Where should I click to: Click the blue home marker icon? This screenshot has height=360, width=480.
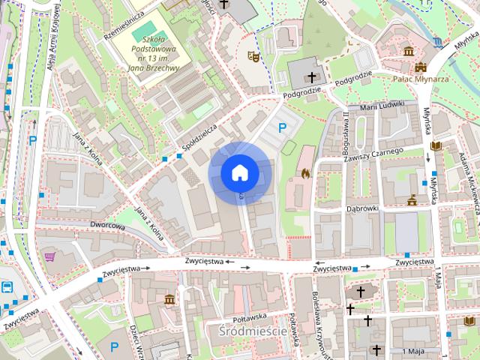[x=239, y=172]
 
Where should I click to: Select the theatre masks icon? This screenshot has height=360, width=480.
[x=253, y=55]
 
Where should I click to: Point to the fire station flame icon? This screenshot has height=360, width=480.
[x=305, y=173]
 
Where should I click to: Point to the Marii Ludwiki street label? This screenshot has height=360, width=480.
[x=382, y=106]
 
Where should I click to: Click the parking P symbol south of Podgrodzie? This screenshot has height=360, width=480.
[x=282, y=128]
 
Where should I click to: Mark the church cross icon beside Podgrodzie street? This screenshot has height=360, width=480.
[x=312, y=76]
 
